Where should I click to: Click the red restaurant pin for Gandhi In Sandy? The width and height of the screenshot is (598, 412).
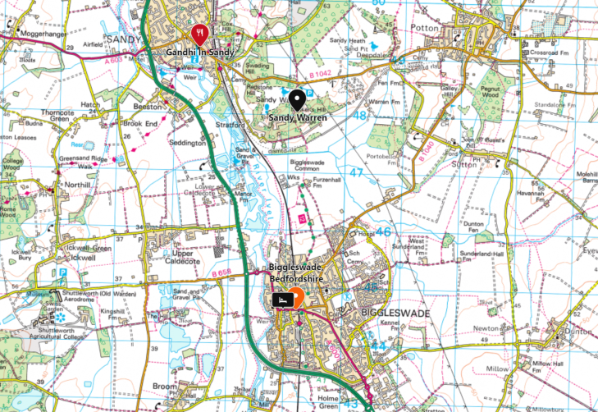tap(199, 34)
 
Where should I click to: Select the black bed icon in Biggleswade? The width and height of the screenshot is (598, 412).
tap(281, 300)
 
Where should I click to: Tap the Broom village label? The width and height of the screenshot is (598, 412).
tap(165, 386)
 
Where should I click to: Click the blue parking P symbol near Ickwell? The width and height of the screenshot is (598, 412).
tap(62, 273)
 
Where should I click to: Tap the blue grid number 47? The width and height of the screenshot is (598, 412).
tap(356, 173)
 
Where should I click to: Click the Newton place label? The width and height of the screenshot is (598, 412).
tap(510, 327)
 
